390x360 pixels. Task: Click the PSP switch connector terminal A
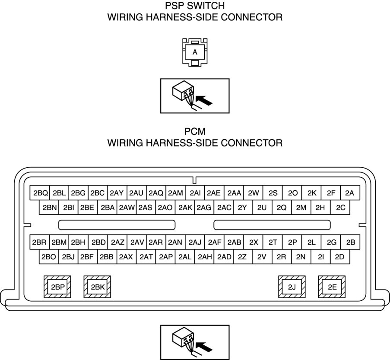click(195, 52)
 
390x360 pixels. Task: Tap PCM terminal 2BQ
click(40, 193)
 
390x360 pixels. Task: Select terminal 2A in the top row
click(350, 193)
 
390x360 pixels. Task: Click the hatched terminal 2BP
click(57, 287)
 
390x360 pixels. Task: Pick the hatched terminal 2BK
click(97, 287)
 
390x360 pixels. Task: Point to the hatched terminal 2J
click(292, 287)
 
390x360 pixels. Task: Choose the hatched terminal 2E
click(332, 287)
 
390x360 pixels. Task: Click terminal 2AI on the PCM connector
click(195, 193)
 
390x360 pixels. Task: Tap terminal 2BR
click(39, 242)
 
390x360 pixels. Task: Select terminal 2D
click(340, 257)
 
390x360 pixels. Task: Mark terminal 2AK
click(185, 207)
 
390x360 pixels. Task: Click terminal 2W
click(254, 193)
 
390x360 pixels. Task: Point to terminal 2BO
click(49, 257)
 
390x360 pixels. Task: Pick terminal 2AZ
click(117, 242)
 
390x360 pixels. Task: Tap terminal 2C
click(340, 207)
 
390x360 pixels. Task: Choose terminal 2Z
click(242, 257)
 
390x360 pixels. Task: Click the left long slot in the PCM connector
click(117, 225)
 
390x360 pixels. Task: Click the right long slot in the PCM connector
click(273, 225)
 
